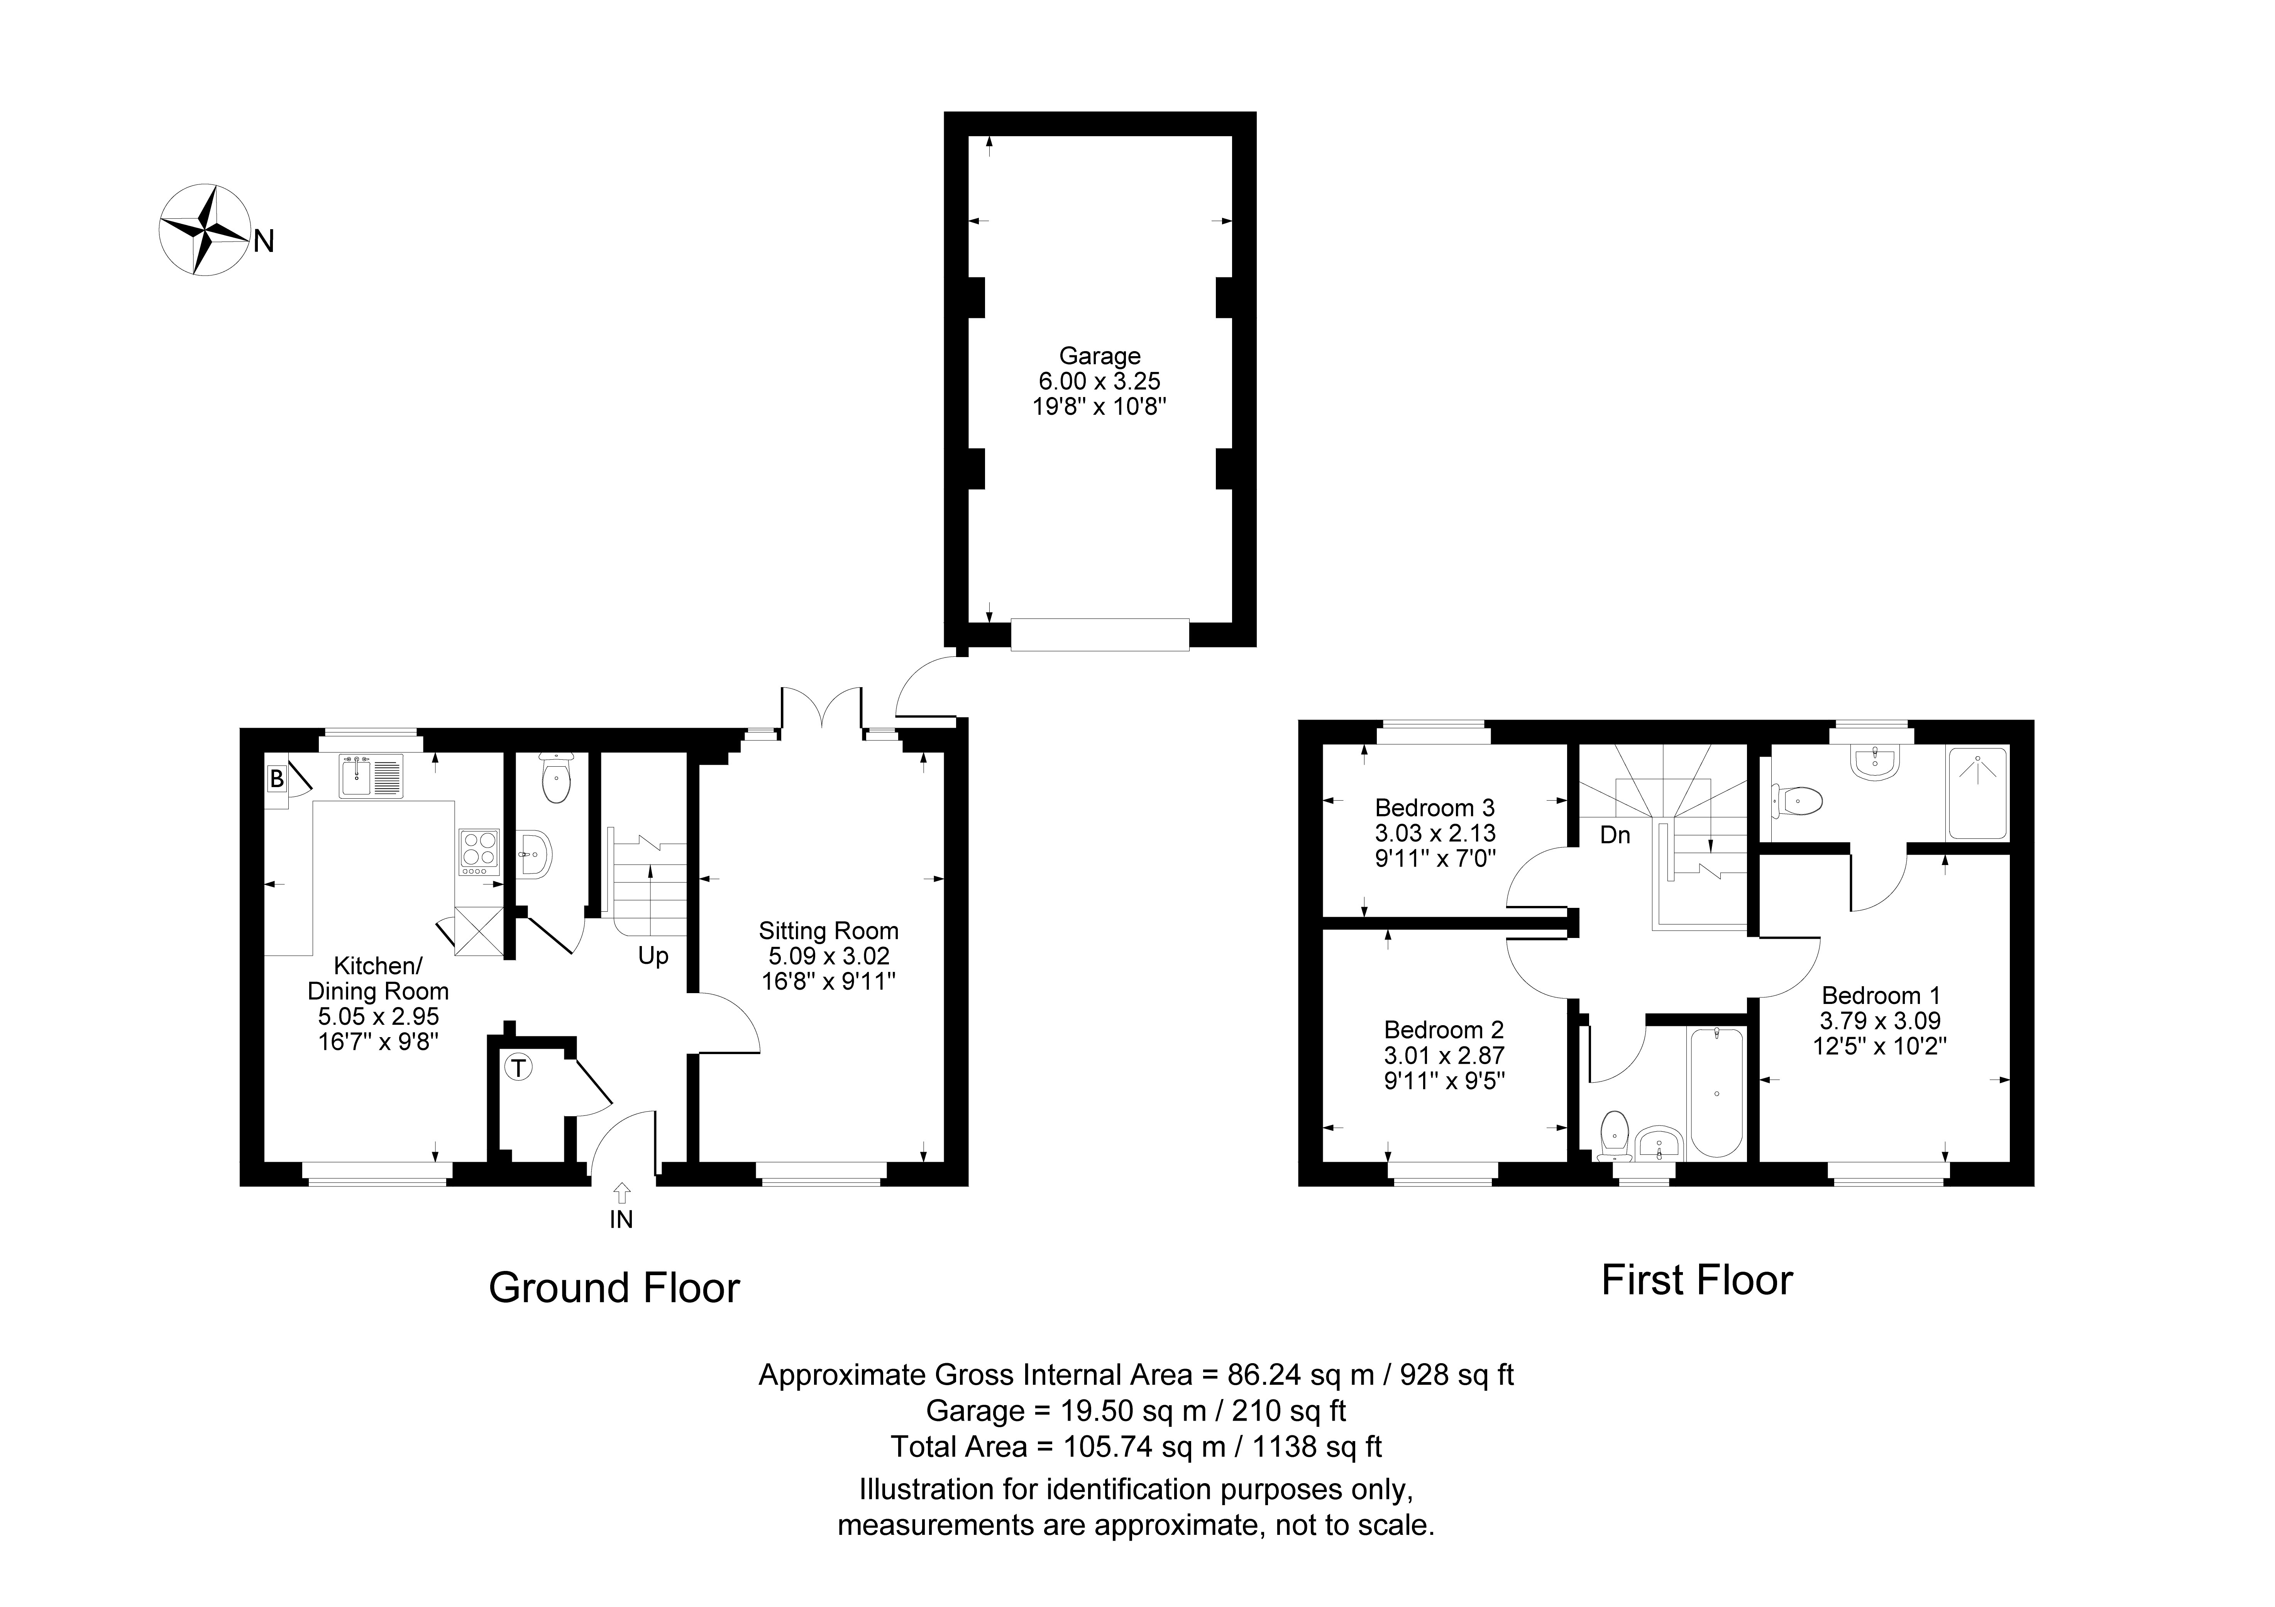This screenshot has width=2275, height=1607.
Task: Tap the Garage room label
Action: [x=1100, y=356]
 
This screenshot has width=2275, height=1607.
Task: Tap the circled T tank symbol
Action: [x=518, y=1068]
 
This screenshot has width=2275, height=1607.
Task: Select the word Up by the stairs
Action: [x=653, y=956]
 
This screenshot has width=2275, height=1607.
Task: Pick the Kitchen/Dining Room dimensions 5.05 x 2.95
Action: [x=379, y=1017]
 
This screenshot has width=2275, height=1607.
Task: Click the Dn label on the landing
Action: [x=1615, y=835]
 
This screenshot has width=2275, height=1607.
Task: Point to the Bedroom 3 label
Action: [x=1435, y=808]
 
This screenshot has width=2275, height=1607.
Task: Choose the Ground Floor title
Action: [x=614, y=1288]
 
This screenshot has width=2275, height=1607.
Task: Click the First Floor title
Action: [x=1697, y=1280]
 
